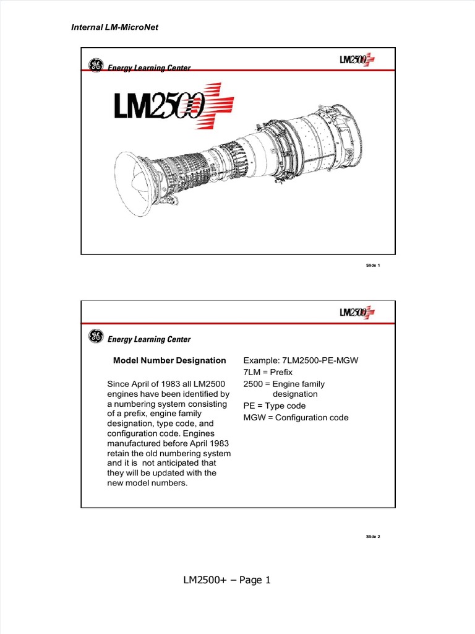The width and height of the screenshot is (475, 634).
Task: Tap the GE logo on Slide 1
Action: (x=95, y=66)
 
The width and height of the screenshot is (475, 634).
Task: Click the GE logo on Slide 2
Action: (x=95, y=337)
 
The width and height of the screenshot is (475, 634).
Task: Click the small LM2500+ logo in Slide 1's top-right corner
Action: (x=357, y=60)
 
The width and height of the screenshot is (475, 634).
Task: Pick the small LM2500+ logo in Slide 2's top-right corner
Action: (x=357, y=312)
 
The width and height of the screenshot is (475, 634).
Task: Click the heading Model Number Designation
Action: (x=169, y=360)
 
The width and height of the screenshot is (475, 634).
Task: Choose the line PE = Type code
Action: (x=275, y=406)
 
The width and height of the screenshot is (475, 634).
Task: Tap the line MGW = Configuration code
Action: (x=296, y=417)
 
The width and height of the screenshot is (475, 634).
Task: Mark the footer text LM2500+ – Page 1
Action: (x=227, y=580)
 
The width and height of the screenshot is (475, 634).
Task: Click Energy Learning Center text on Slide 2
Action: (x=149, y=339)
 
